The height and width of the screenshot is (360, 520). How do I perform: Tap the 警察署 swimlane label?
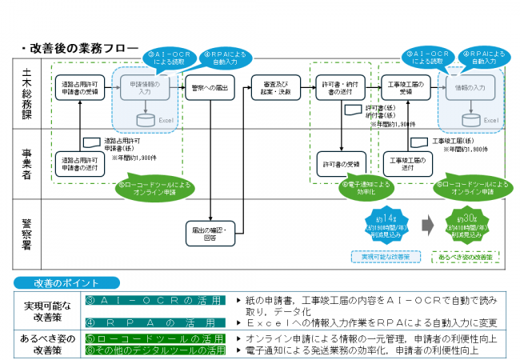[27, 225]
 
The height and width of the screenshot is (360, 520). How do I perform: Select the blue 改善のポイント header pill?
[67, 282]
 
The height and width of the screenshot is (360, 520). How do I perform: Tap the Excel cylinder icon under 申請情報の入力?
[145, 119]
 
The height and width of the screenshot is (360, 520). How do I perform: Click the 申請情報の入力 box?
[145, 87]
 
